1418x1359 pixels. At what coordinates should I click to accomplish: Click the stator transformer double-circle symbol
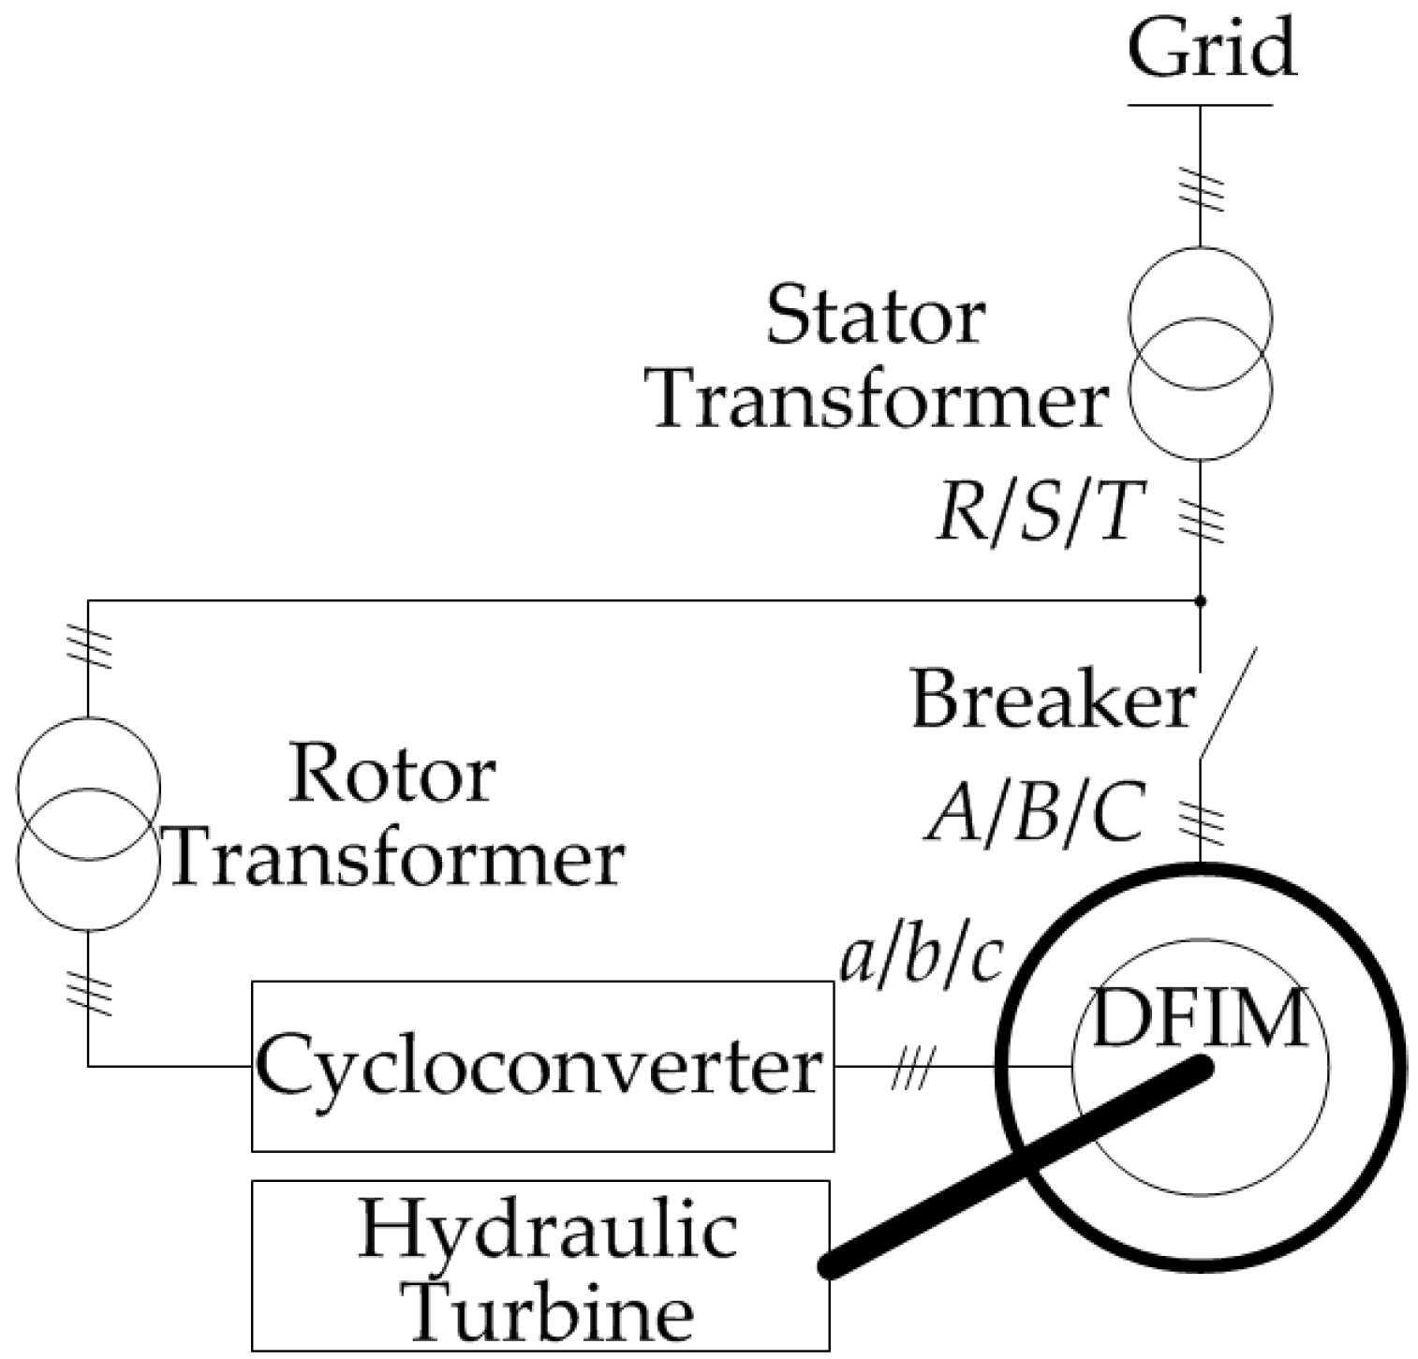(1201, 354)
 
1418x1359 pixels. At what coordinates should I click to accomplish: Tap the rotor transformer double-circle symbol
(88, 823)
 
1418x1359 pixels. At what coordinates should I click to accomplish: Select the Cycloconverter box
(542, 1066)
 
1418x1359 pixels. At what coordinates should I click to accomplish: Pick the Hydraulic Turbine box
(540, 1264)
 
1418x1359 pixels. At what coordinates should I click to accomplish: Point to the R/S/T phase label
(1039, 515)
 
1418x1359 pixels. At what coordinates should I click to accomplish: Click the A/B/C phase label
(1036, 813)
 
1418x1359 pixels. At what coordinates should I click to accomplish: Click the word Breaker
(1052, 701)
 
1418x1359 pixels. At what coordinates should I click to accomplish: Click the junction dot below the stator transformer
(1201, 600)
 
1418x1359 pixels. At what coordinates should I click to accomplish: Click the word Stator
(875, 317)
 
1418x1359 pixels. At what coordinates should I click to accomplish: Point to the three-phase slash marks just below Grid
(1201, 188)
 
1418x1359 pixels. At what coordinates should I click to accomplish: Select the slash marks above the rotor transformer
(88, 646)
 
